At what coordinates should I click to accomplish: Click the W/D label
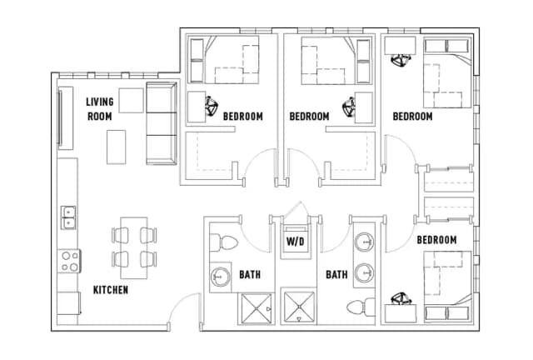[x=295, y=242]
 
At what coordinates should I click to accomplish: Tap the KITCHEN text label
[x=110, y=290]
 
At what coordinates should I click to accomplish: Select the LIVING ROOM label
[x=100, y=109]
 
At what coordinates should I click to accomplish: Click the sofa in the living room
[x=161, y=123]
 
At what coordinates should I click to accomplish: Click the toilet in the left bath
[x=226, y=242]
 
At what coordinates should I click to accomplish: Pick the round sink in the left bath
[x=220, y=276]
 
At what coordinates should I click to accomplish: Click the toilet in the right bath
[x=362, y=305]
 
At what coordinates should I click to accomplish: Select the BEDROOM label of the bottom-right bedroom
[x=436, y=240]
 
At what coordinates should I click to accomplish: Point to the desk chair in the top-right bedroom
[x=401, y=59]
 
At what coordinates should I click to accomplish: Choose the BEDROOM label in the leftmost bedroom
[x=242, y=117]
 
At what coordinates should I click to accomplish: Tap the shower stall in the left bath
[x=256, y=309]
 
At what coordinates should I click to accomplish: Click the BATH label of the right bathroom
[x=336, y=273]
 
